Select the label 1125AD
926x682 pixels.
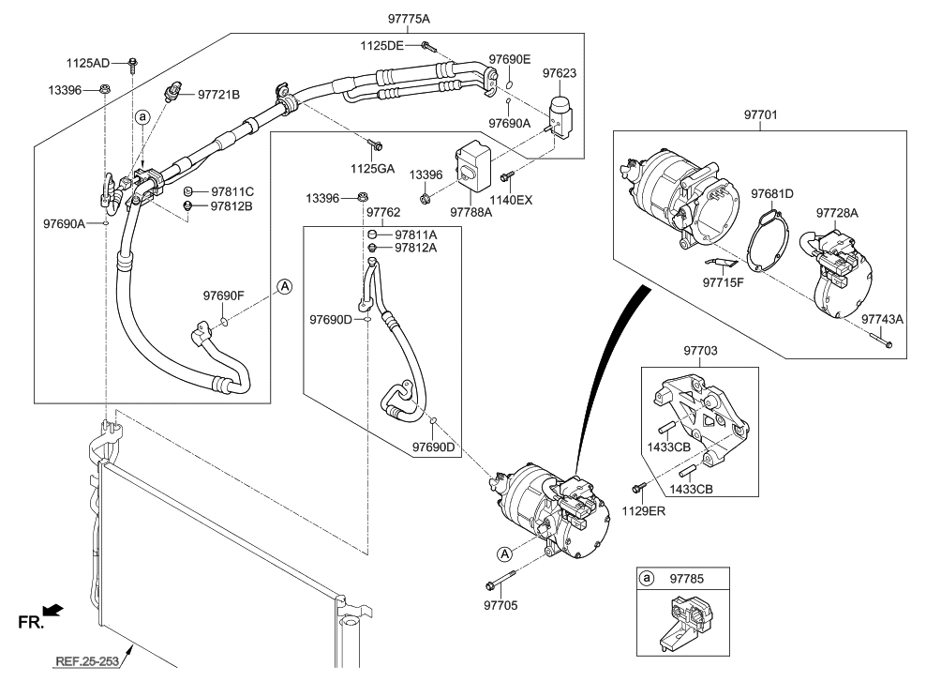click(87, 63)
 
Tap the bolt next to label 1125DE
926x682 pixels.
click(428, 45)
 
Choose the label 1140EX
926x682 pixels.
click(511, 200)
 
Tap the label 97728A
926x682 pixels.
click(837, 213)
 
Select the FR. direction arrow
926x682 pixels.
click(53, 611)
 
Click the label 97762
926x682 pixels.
click(383, 213)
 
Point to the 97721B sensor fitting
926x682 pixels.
click(172, 91)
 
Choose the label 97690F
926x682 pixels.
click(223, 296)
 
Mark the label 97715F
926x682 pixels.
click(724, 281)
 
